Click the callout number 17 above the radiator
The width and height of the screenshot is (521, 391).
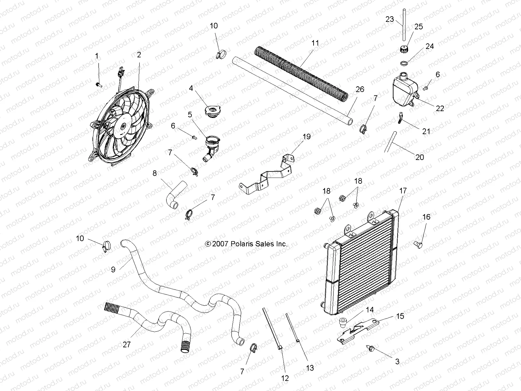[403, 191]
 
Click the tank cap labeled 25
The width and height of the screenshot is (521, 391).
[403, 50]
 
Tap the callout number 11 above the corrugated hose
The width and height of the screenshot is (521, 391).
[315, 43]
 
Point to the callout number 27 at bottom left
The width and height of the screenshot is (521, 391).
[127, 344]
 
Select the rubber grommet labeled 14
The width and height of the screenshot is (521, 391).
[342, 322]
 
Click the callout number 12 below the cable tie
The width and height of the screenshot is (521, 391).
[285, 378]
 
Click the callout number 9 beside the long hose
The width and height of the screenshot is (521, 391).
[113, 270]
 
